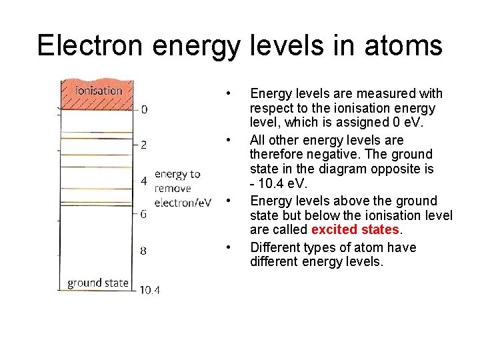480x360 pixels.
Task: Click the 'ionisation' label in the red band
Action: coord(99,90)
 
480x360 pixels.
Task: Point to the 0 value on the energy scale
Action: coord(145,109)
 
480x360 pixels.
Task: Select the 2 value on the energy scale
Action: coord(145,144)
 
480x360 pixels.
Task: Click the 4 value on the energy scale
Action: coord(144,180)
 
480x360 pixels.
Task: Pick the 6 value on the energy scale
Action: coord(144,214)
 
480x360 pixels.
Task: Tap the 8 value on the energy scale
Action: coord(144,251)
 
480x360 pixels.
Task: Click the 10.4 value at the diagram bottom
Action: coord(149,289)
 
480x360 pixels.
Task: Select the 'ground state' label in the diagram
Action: coord(97,283)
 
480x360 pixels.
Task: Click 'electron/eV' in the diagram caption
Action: coord(183,202)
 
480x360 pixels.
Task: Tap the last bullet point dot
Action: coord(229,247)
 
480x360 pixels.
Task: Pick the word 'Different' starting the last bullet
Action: coord(275,247)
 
